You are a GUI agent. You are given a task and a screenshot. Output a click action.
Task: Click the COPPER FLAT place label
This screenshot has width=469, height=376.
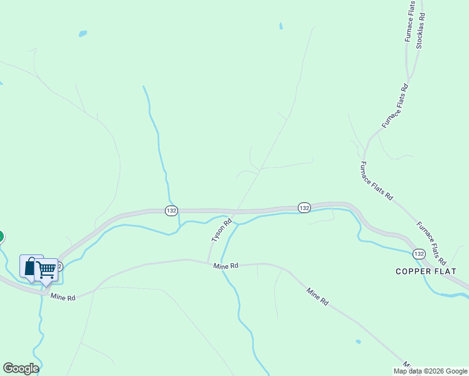pos(426,271)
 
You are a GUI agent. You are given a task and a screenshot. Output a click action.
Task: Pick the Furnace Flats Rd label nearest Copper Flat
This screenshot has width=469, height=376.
pos(431,243)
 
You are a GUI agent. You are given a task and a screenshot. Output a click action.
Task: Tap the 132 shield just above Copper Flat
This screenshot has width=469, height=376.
pos(419,254)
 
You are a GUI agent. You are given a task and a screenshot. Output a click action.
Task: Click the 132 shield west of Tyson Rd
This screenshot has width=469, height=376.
pos(172,211)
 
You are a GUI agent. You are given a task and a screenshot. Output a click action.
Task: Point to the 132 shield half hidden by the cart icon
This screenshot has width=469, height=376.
pos(58,266)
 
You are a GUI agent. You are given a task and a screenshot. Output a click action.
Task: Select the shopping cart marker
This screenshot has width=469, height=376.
pos(46,270)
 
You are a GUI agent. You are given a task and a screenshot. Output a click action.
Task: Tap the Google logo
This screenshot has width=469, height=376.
pos(21,368)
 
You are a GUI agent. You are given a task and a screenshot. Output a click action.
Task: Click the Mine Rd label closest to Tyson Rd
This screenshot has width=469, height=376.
pos(226,266)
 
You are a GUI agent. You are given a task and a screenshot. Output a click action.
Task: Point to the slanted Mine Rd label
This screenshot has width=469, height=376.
pos(317,296)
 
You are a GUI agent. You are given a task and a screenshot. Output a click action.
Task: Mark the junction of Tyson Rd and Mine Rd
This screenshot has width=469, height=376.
pos(208,262)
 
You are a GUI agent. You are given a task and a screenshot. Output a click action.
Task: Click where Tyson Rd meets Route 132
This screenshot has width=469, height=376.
pos(235,211)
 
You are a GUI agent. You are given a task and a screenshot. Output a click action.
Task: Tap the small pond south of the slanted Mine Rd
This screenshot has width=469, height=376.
pos(357,342)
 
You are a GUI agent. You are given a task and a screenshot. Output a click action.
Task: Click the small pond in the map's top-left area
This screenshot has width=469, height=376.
pos(82,33)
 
